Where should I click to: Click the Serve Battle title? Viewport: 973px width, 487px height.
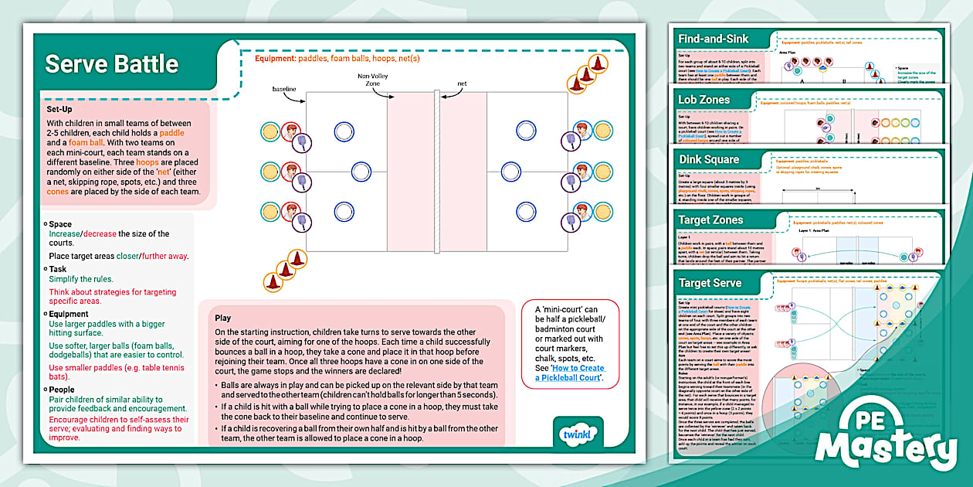pyautogui.click(x=111, y=64)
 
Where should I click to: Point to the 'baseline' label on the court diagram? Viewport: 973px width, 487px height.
pyautogui.click(x=283, y=90)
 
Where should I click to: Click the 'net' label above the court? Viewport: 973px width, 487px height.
pyautogui.click(x=462, y=83)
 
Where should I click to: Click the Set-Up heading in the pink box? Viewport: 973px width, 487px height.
pyautogui.click(x=59, y=109)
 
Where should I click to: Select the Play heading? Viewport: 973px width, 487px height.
pyautogui.click(x=223, y=318)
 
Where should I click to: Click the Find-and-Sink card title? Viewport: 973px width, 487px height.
pyautogui.click(x=713, y=39)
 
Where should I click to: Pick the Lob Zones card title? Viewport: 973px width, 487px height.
pyautogui.click(x=703, y=100)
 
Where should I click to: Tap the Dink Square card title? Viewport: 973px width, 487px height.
pyautogui.click(x=708, y=159)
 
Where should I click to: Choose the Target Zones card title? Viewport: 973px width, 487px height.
pyautogui.click(x=710, y=220)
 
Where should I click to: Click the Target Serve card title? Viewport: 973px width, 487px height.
pyautogui.click(x=710, y=283)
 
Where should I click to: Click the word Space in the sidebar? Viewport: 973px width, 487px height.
pyautogui.click(x=60, y=224)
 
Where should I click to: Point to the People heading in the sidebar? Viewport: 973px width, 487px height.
pyautogui.click(x=62, y=390)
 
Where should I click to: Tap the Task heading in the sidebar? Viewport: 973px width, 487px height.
pyautogui.click(x=59, y=269)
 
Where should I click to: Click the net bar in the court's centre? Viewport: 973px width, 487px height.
pyautogui.click(x=436, y=172)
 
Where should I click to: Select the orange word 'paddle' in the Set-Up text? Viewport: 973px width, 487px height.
pyautogui.click(x=171, y=133)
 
